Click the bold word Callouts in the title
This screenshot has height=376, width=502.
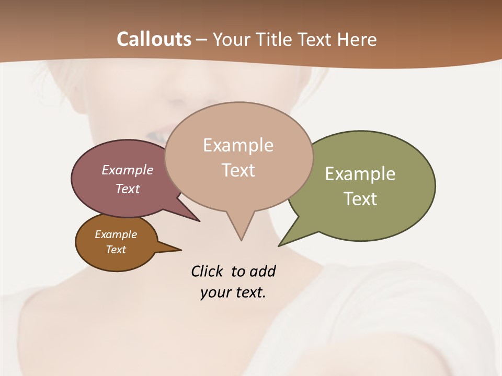click(x=154, y=40)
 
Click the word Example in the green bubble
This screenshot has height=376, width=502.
click(x=360, y=174)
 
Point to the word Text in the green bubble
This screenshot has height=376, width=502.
click(x=360, y=199)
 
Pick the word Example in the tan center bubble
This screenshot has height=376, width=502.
click(x=238, y=145)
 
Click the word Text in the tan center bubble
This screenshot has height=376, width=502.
click(x=238, y=170)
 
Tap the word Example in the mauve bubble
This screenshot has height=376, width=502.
click(x=127, y=170)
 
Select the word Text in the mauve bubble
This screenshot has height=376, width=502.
click(x=127, y=189)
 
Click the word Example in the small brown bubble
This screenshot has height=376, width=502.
click(x=116, y=234)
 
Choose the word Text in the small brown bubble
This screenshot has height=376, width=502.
click(x=116, y=250)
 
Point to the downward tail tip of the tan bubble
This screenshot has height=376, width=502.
click(x=241, y=240)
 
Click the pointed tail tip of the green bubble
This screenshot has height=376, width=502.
click(x=279, y=245)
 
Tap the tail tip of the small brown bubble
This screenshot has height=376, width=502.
click(x=181, y=250)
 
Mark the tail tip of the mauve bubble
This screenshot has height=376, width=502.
click(x=199, y=221)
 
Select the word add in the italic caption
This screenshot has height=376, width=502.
click(x=262, y=271)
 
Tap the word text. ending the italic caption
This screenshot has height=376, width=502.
click(x=248, y=292)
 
